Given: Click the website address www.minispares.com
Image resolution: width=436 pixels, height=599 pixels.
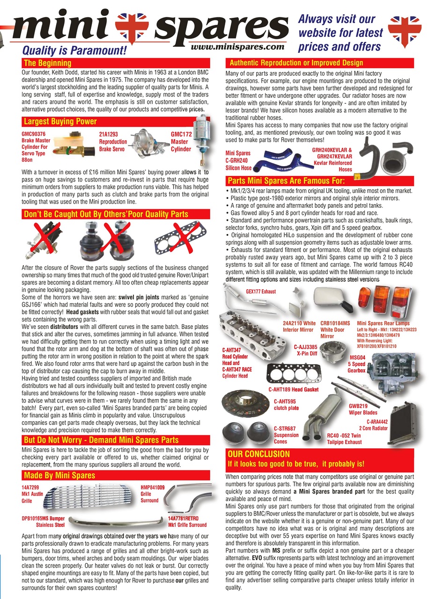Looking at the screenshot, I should coord(238,47).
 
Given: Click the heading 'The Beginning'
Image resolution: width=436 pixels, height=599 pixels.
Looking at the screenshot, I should coord(47,63).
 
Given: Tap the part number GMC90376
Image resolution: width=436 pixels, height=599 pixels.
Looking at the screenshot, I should coord(34,133).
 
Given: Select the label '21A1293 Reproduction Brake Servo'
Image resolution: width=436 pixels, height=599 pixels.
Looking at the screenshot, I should coord(113,142).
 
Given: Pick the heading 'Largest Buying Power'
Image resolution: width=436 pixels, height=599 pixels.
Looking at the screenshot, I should coord(60,122).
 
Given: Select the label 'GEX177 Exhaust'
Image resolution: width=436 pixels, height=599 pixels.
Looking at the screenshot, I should coord(261,292).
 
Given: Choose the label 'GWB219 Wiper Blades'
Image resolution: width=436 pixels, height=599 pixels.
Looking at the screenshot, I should coord(363,409).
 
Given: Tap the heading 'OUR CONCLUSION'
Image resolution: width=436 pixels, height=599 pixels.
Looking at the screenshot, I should coord(259,454).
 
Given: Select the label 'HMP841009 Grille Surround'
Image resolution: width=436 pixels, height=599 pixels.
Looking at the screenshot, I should coord(152,494).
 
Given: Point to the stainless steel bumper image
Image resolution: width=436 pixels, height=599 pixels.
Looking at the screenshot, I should coord(115,521).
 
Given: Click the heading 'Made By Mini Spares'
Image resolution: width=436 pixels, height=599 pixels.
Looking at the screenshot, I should coord(59,475).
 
